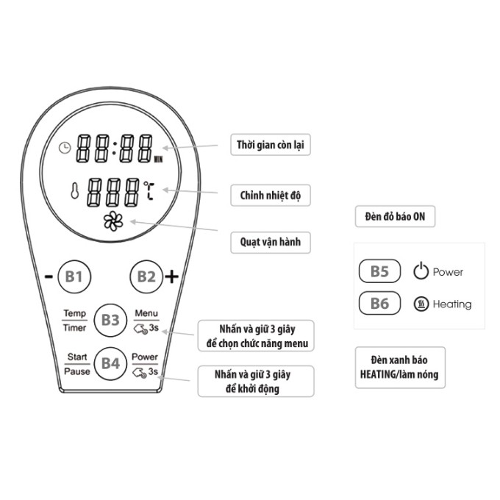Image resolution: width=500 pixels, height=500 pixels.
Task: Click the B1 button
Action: (74, 276)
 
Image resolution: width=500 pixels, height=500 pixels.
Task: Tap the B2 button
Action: (146, 276)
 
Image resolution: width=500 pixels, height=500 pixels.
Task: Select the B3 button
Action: (110, 320)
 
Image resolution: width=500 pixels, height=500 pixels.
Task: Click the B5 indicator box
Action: (379, 271)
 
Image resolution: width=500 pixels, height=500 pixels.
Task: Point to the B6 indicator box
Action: (379, 304)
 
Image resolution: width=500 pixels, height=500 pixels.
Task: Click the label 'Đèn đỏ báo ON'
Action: (395, 217)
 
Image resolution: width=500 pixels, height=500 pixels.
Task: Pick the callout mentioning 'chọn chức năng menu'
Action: (256, 337)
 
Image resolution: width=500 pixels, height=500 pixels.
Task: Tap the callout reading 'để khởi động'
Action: (256, 381)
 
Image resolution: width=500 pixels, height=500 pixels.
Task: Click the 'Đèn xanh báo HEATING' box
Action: (400, 367)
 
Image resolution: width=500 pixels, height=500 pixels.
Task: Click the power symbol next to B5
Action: (421, 271)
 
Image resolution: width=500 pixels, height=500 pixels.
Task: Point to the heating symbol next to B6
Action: (421, 304)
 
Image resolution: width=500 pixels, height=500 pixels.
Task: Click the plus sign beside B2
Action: (171, 276)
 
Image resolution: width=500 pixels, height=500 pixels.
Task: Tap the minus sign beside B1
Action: (49, 277)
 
